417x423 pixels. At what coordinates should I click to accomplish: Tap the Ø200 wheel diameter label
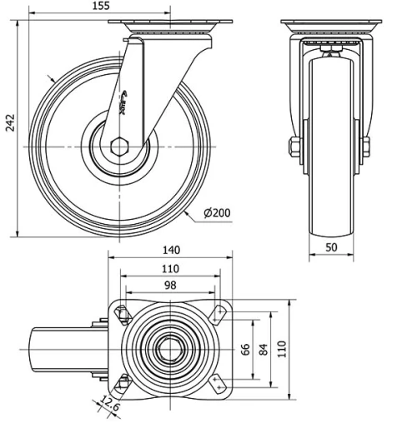216,213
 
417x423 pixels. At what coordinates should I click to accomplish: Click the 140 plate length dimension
171,248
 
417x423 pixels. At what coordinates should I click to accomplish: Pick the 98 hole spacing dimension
171,285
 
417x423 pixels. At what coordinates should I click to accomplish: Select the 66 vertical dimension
245,348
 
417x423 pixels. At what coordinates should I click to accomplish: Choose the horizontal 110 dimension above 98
171,267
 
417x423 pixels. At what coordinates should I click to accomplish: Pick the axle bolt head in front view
294,148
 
